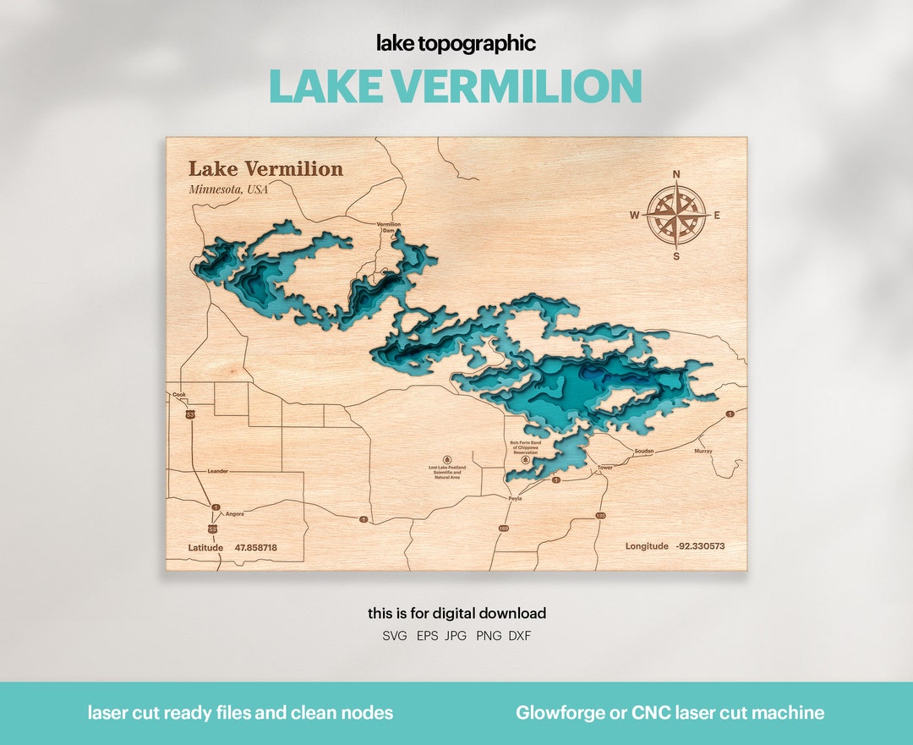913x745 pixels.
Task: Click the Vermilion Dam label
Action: [389, 227]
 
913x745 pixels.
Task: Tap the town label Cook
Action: [178, 395]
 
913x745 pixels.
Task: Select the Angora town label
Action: [234, 513]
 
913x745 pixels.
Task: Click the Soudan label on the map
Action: [644, 451]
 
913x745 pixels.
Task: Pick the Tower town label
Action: [604, 468]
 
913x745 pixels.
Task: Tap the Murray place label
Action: [703, 451]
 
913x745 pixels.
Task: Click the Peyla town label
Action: [515, 499]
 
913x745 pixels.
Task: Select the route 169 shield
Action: [504, 529]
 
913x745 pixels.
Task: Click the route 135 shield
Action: [600, 515]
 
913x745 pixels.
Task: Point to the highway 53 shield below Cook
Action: [191, 414]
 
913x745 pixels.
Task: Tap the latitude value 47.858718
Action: [255, 548]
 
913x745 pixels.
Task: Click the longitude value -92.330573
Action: [700, 546]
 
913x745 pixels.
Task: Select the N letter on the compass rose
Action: [676, 175]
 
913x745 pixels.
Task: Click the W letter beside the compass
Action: [634, 216]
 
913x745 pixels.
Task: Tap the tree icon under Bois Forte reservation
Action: [525, 461]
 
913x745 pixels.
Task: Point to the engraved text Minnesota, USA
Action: [228, 189]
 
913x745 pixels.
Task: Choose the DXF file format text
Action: [520, 636]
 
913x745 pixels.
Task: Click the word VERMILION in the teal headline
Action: [517, 86]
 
